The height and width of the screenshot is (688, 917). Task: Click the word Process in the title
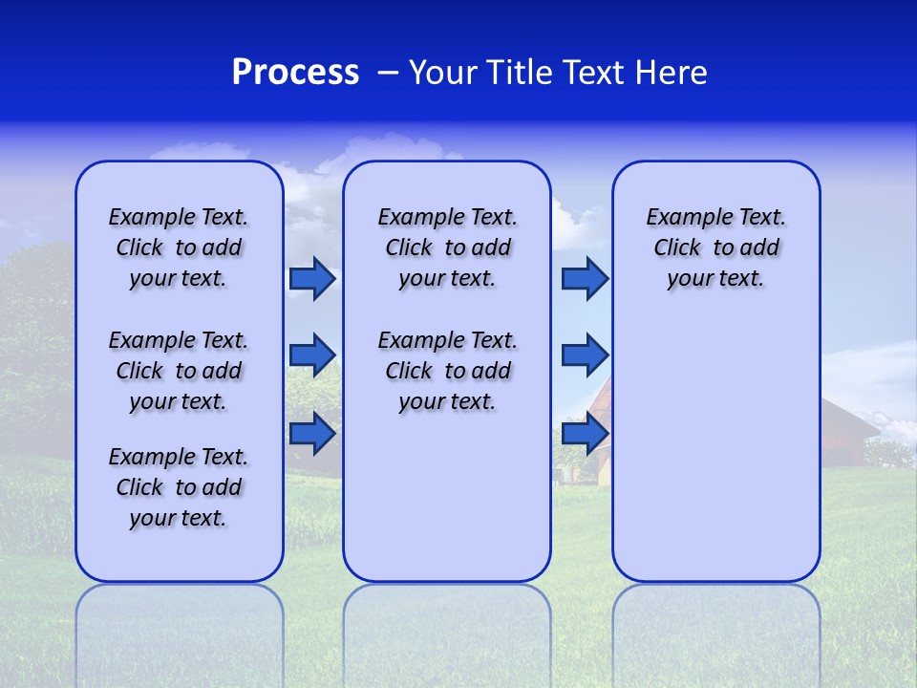pos(295,73)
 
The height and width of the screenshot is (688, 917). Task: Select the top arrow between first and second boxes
pos(312,278)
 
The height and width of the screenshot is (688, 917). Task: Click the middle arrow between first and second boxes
pos(312,355)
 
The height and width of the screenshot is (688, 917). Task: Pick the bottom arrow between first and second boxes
pos(312,433)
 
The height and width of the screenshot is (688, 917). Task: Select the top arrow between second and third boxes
pos(585,278)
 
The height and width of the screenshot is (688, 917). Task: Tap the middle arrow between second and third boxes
pos(585,355)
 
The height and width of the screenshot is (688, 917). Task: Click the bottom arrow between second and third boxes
pos(585,433)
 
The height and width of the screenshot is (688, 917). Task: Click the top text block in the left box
pos(179,247)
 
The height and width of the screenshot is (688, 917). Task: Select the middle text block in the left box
pos(179,371)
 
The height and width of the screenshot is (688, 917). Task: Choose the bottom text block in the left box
pos(179,487)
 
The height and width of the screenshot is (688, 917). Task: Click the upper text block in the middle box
pos(447,247)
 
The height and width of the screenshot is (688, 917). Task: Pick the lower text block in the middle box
pos(447,371)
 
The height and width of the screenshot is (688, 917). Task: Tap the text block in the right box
pos(715,247)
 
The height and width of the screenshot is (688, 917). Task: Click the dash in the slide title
pos(387,74)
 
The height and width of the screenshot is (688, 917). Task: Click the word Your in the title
pos(443,73)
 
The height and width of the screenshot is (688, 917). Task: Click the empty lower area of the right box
pos(715,449)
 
